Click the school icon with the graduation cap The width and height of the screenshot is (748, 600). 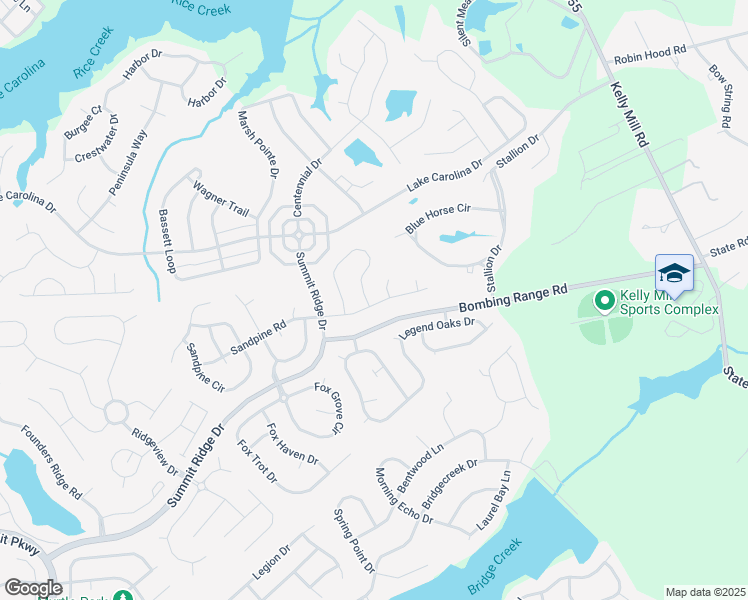(673, 274)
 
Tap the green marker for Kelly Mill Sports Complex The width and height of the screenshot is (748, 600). (604, 299)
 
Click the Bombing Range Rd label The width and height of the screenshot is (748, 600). (512, 297)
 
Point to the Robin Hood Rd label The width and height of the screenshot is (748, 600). (651, 51)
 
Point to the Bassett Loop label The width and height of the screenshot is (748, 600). (167, 242)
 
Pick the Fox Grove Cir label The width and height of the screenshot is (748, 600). (329, 408)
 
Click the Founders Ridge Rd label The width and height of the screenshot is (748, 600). (51, 461)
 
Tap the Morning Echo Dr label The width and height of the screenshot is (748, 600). (404, 495)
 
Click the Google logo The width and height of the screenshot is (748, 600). (33, 588)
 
